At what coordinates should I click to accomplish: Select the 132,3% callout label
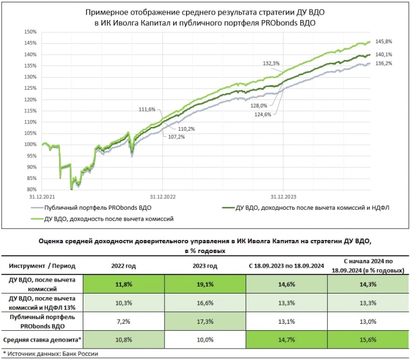point(272,63)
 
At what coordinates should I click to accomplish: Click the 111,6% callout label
point(147,110)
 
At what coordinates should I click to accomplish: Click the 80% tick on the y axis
point(32,190)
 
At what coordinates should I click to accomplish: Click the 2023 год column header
point(205,266)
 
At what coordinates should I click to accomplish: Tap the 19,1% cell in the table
point(205,283)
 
